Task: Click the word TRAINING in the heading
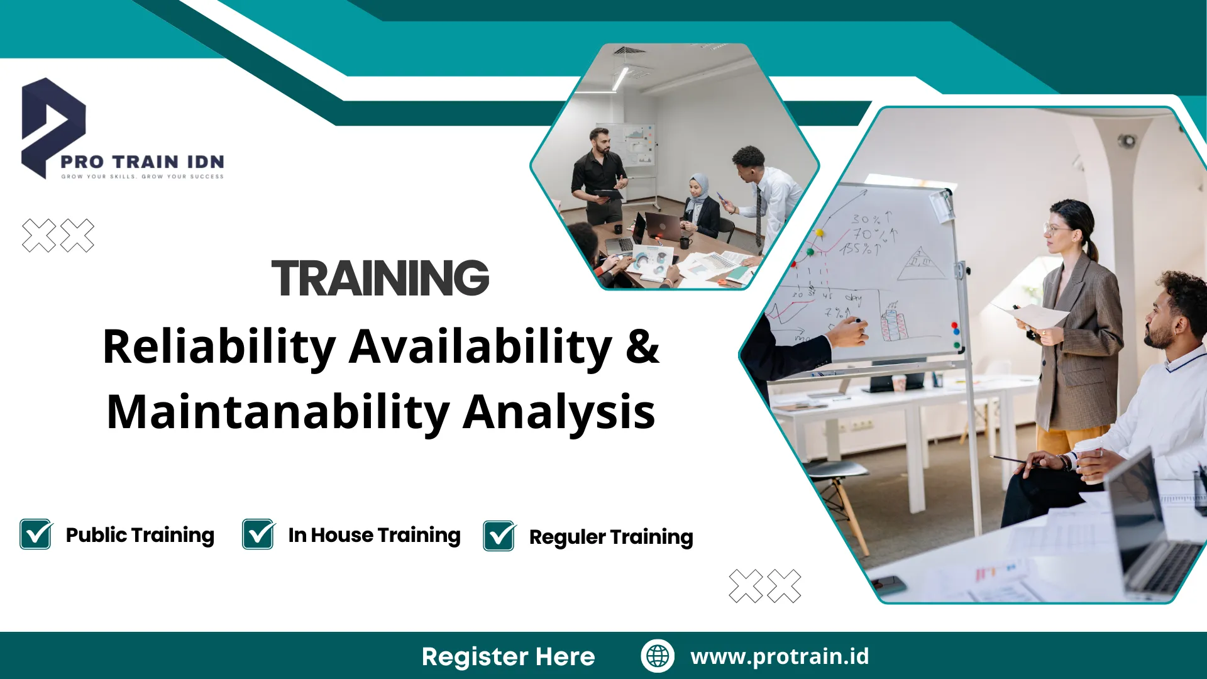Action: pyautogui.click(x=380, y=278)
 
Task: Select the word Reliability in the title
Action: pyautogui.click(x=219, y=348)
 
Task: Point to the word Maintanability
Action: pyautogui.click(x=278, y=412)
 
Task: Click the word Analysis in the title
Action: pyautogui.click(x=559, y=412)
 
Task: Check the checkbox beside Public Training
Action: pyautogui.click(x=36, y=534)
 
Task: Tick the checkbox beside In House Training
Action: pyautogui.click(x=258, y=534)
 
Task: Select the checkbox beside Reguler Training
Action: pyautogui.click(x=500, y=536)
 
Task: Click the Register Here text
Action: pyautogui.click(x=509, y=656)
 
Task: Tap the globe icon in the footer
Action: pyautogui.click(x=658, y=656)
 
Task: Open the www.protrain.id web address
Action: pyautogui.click(x=780, y=656)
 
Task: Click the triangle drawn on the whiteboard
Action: pyautogui.click(x=921, y=263)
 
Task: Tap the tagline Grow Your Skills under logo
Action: pyautogui.click(x=143, y=177)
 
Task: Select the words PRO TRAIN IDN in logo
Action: pyautogui.click(x=143, y=162)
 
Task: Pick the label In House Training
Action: pyautogui.click(x=375, y=535)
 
